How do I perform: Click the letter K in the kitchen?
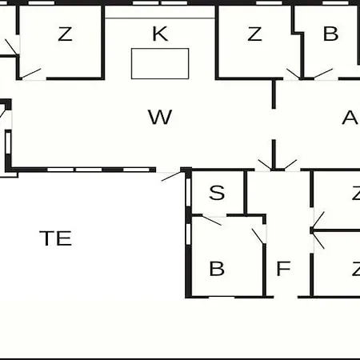160,34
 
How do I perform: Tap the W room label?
160,117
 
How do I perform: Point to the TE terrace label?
55,238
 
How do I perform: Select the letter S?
217,193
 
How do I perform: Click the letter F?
283,268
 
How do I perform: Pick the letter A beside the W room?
350,118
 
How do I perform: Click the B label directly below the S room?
217,268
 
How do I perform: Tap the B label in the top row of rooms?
330,34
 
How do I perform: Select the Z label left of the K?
65,34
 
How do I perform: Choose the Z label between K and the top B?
254,34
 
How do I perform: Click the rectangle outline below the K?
160,49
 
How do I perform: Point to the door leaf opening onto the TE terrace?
171,176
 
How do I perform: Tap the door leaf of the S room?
212,220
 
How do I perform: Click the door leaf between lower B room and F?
258,236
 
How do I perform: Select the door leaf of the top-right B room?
323,74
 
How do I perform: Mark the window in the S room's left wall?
188,192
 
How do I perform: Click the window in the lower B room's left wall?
188,234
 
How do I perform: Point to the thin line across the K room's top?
160,18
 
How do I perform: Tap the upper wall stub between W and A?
274,94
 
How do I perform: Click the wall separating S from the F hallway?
246,192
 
